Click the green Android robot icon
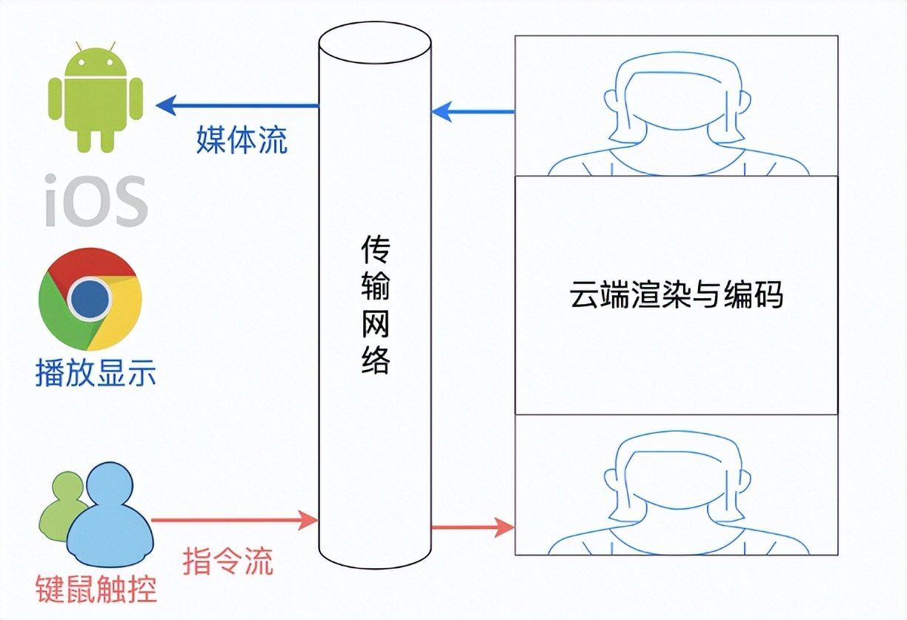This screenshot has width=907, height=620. click(x=96, y=97)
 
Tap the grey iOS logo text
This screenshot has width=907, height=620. click(x=96, y=200)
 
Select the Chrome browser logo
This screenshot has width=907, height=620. click(x=90, y=299)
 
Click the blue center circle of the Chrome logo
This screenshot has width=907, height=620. click(x=90, y=299)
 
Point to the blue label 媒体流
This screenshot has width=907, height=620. click(x=242, y=140)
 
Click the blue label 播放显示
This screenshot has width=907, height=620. click(x=96, y=373)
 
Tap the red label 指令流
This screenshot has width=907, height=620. click(x=228, y=561)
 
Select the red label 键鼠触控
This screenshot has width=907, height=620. click(x=96, y=589)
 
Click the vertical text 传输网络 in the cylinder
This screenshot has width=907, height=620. click(x=376, y=305)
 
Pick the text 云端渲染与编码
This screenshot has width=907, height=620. click(x=676, y=294)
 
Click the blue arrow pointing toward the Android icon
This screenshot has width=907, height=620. click(x=237, y=106)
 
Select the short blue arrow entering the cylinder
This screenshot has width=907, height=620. click(x=473, y=111)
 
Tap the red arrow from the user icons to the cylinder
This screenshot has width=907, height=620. click(x=234, y=520)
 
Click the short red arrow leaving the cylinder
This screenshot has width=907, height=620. click(x=473, y=527)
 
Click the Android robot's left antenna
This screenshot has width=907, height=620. click(x=79, y=46)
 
